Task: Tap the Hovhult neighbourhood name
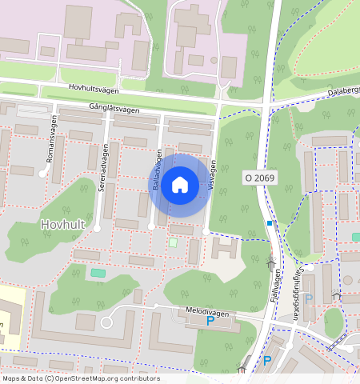(x=62, y=225)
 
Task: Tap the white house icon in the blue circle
(x=180, y=186)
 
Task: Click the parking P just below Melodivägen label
(x=210, y=321)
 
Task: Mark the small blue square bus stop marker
(x=270, y=222)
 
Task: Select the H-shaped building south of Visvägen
(x=225, y=248)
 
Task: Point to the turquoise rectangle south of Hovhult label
(x=98, y=274)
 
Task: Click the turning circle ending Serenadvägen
(x=97, y=229)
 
